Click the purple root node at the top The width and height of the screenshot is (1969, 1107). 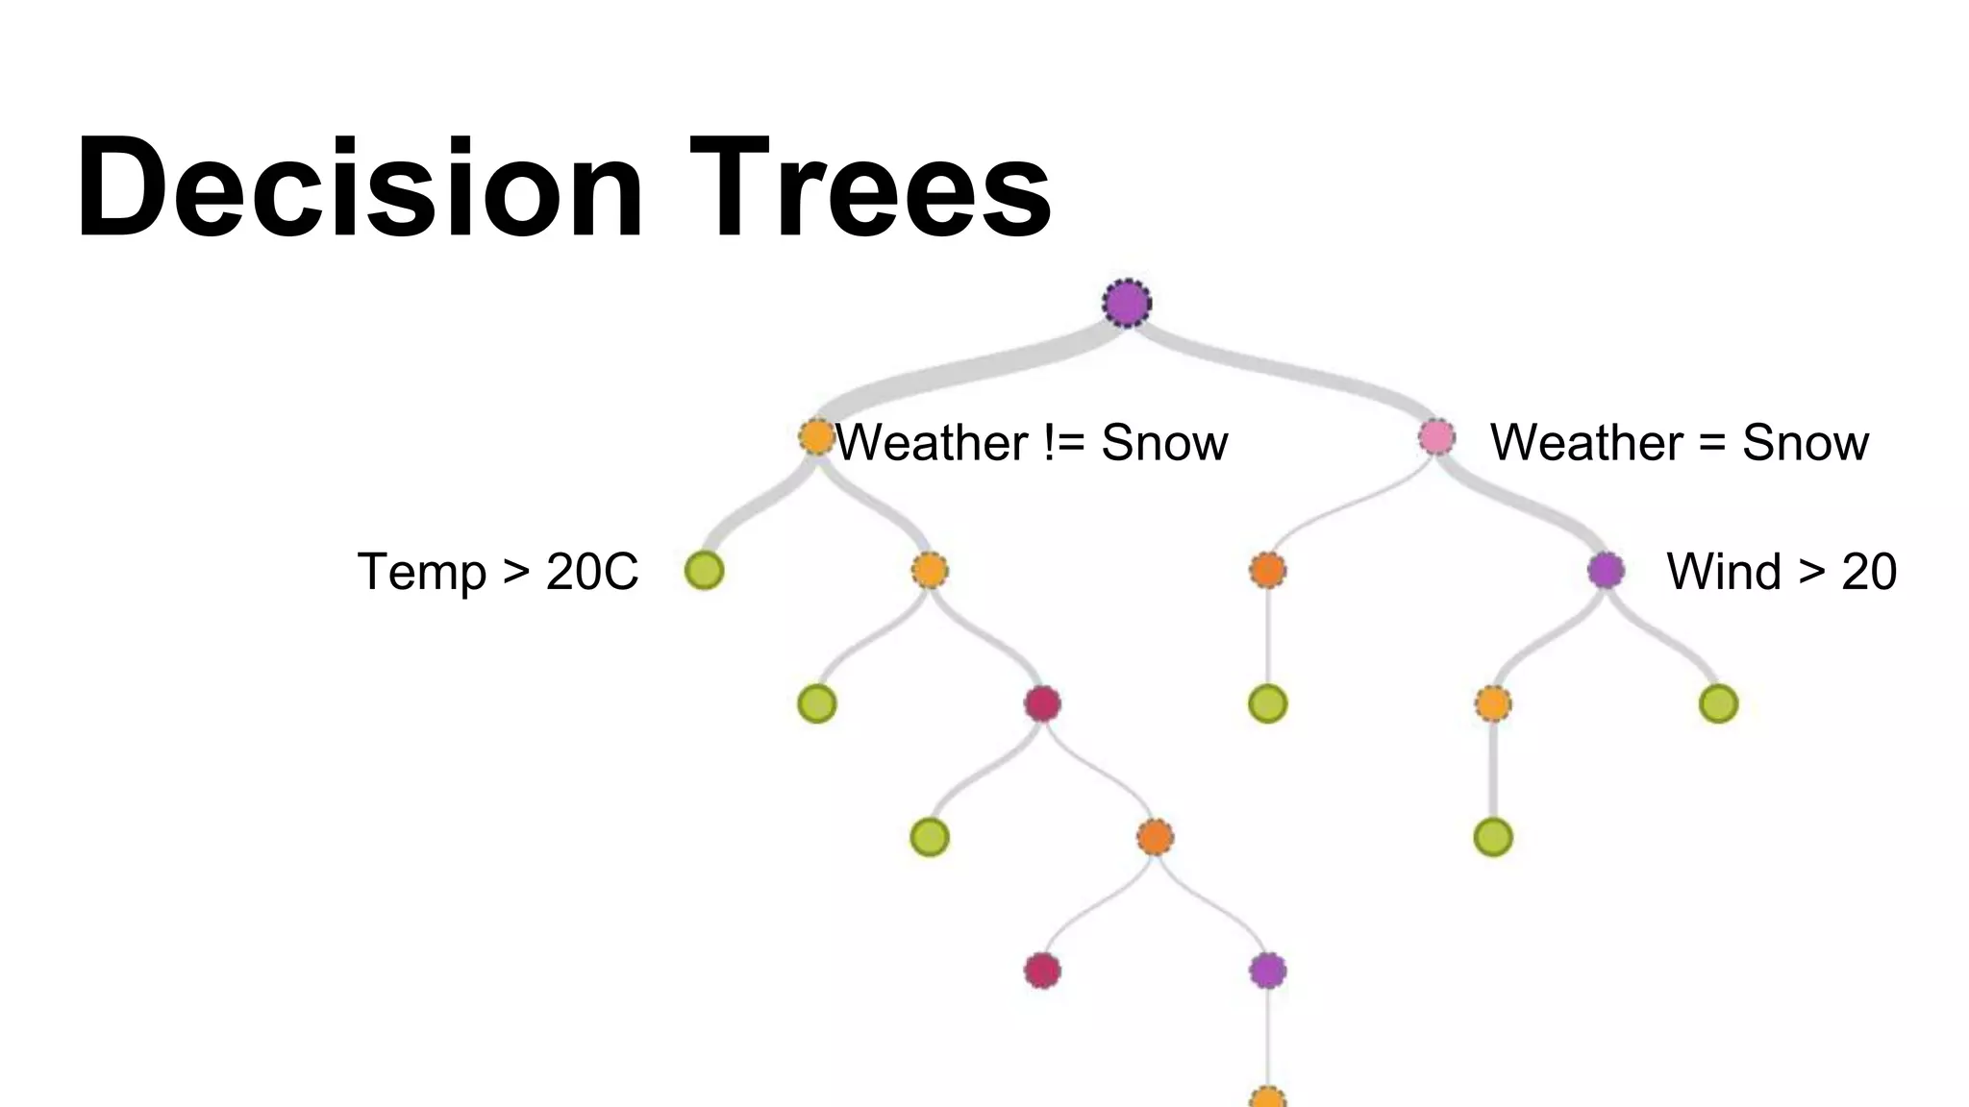(x=1127, y=304)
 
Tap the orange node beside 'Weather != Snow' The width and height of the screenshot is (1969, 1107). (x=816, y=437)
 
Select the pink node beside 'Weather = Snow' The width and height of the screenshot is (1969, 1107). (x=1436, y=437)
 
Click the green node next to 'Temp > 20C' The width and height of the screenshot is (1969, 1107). (x=704, y=571)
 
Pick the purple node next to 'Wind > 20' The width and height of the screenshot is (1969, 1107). (x=1606, y=571)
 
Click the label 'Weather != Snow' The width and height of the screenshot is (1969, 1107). (x=1032, y=443)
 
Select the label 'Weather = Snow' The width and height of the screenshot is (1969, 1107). (x=1679, y=443)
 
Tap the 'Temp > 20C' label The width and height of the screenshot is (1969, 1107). (x=497, y=572)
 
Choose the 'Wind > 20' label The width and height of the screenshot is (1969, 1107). (x=1781, y=572)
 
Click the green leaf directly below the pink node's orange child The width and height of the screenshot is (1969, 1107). (x=1267, y=704)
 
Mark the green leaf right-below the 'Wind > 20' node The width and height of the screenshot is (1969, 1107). (x=1718, y=704)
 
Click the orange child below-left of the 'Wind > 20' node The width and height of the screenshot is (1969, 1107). (x=1492, y=704)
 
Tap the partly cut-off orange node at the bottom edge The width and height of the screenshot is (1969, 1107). (x=1267, y=1097)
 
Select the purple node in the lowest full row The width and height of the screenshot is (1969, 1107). (x=1267, y=971)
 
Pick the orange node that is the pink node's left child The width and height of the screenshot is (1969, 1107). (x=1267, y=571)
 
